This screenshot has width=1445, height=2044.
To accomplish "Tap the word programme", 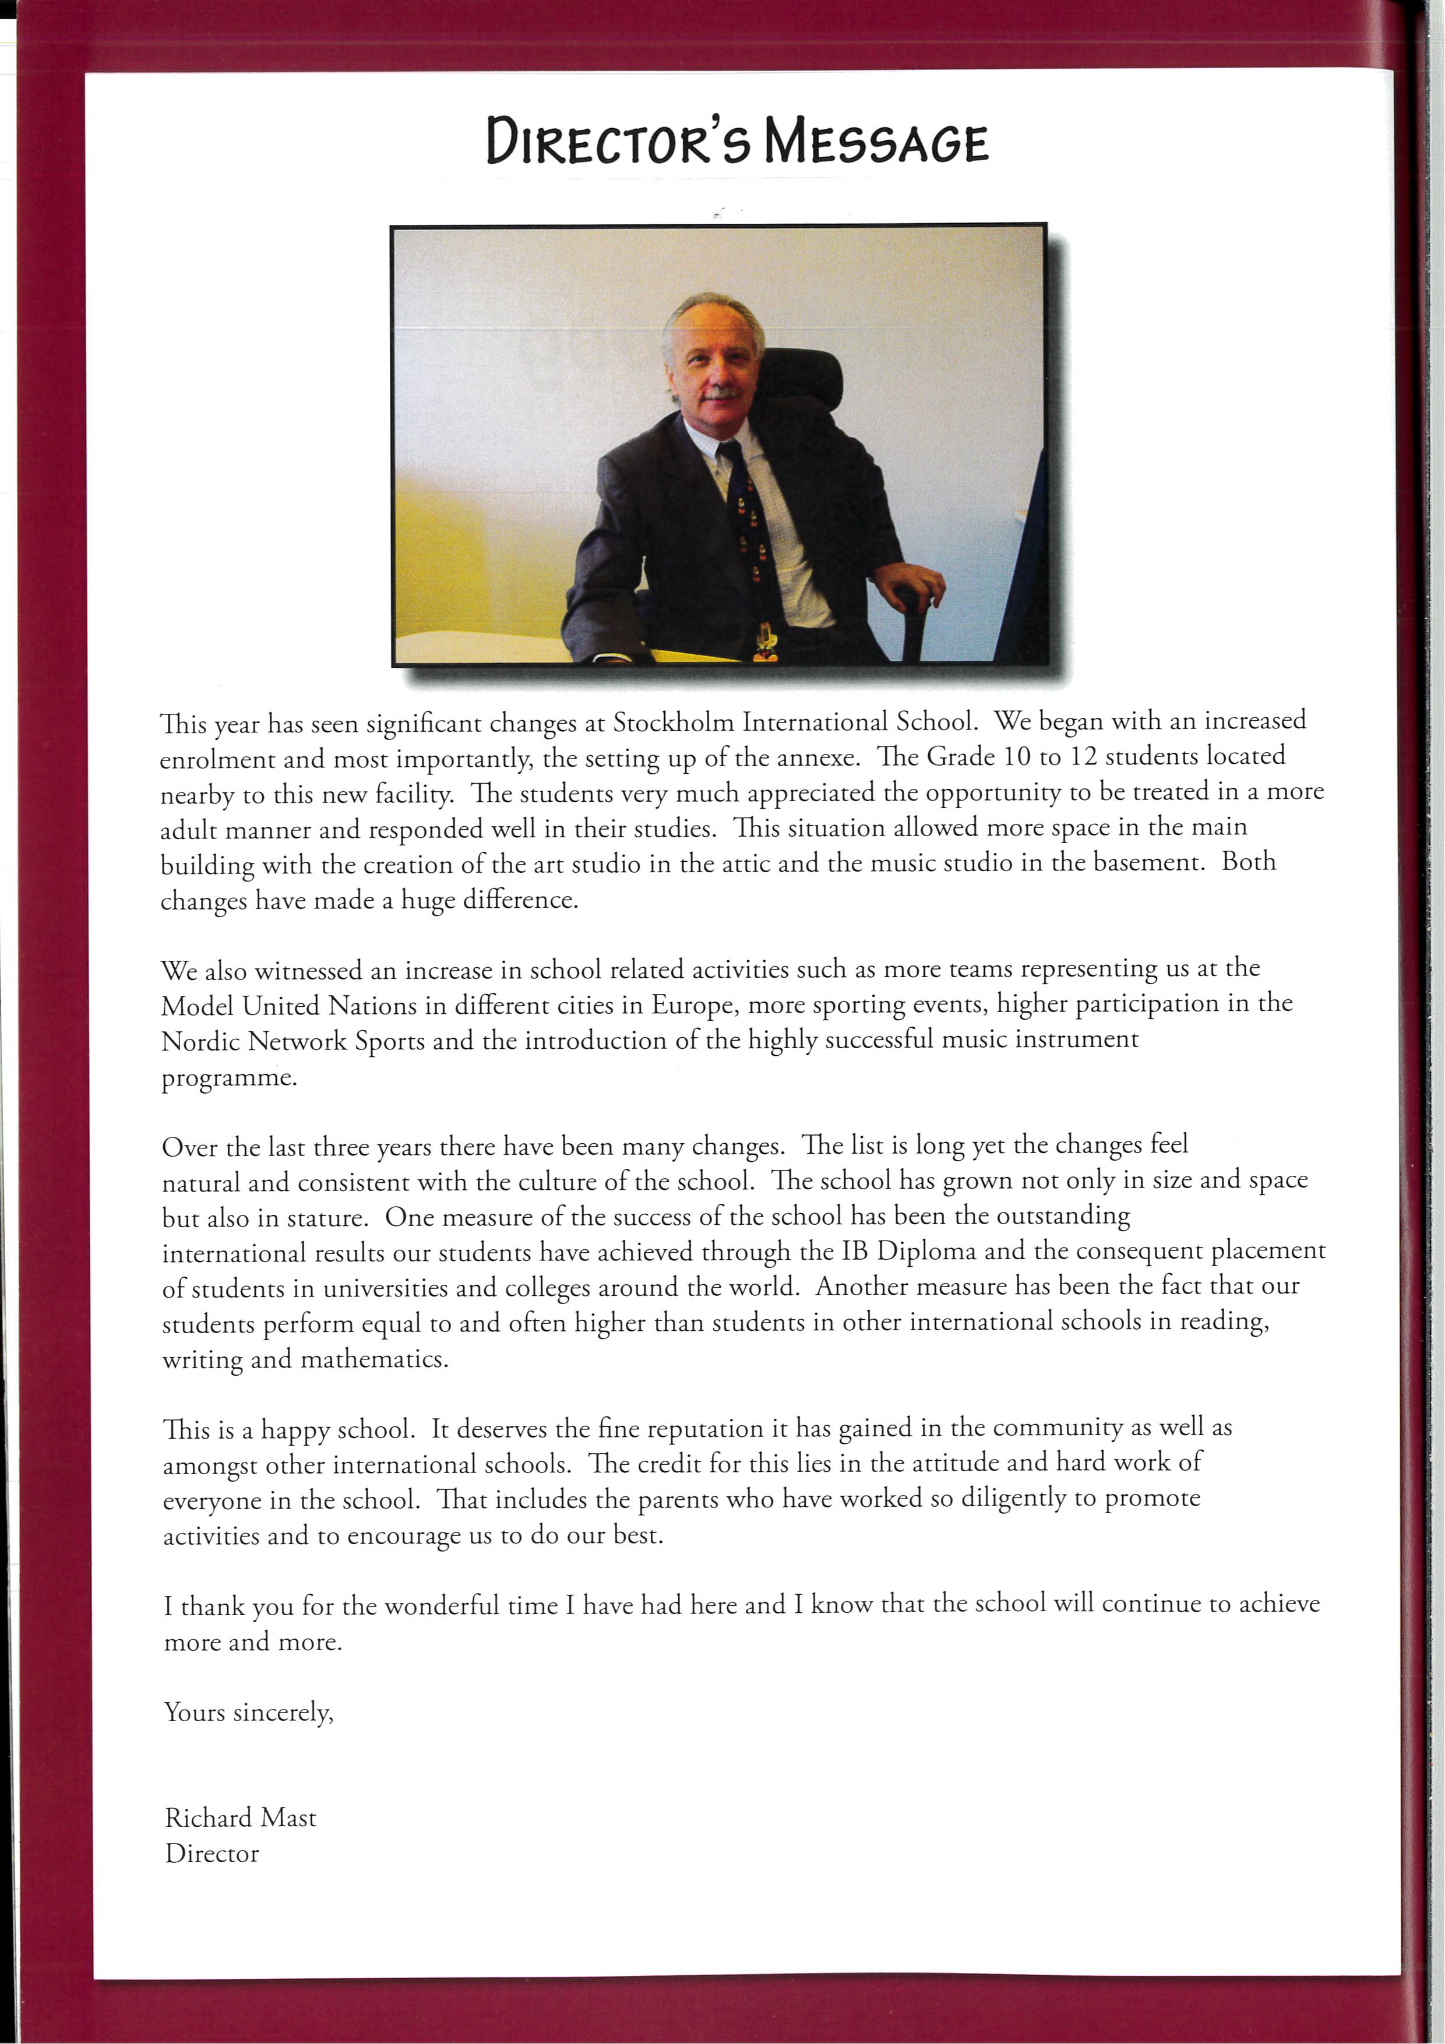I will (229, 1078).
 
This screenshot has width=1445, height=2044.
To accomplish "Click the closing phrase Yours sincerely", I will (248, 1712).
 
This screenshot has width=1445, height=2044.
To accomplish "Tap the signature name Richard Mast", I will (241, 1818).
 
